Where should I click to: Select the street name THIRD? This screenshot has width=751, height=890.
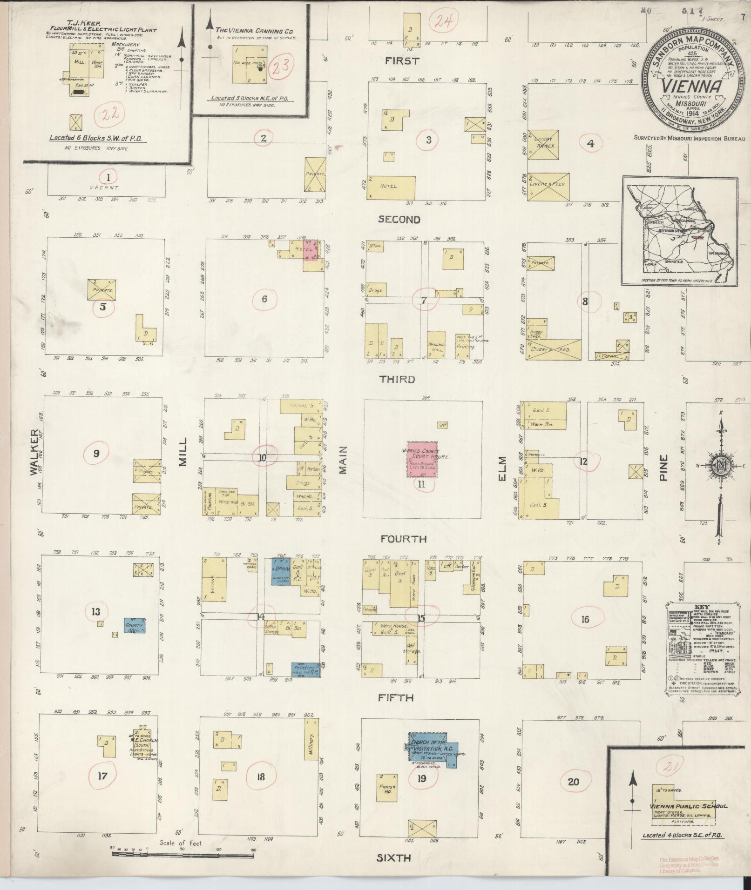397,379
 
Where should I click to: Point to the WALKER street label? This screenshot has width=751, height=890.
34,452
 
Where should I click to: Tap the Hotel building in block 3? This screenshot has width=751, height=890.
391,187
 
